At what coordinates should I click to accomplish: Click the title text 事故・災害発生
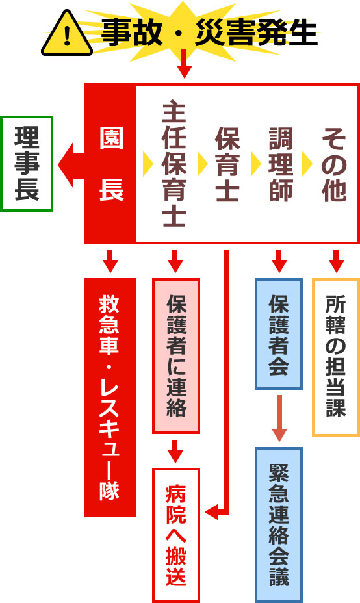tap(209, 33)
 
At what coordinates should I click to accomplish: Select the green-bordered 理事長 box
tap(27, 164)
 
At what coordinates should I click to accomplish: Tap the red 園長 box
tap(110, 164)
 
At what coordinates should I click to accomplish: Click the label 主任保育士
tap(174, 164)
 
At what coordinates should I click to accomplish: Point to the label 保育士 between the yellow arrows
tap(227, 164)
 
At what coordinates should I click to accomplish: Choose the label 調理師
tap(281, 164)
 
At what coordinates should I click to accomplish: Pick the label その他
tap(334, 164)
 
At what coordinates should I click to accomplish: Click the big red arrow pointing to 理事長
tap(71, 165)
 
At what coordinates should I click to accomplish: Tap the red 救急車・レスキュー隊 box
tap(110, 397)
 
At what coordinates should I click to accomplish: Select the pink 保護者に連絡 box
tap(176, 355)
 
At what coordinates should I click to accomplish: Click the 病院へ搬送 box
tap(176, 535)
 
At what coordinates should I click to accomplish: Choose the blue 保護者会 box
tap(279, 334)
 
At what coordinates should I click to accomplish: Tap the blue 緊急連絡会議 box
tap(279, 525)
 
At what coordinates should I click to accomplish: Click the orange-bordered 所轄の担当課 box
tap(336, 357)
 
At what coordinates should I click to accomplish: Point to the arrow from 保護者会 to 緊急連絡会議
tap(279, 418)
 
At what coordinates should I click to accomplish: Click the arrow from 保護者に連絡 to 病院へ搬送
tap(175, 451)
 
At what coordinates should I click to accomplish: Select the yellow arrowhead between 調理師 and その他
tap(307, 164)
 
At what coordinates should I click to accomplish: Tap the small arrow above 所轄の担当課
tap(336, 261)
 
